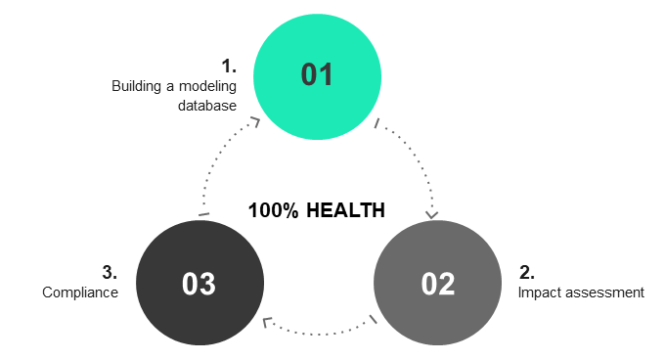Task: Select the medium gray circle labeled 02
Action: pos(437,284)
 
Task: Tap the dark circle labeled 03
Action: pos(199,284)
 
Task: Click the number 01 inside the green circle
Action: pos(317,75)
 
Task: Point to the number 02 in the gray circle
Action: pos(438,284)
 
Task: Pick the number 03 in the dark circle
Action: pos(199,284)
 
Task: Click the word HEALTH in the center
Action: pos(345,210)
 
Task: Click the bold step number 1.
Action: pos(230,67)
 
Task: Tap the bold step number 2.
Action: pos(526,273)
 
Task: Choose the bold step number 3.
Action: pos(110,273)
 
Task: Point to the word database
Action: pos(207,106)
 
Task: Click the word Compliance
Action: pos(80,292)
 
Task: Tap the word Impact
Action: pos(538,292)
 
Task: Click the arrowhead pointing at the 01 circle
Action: pos(255,121)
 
